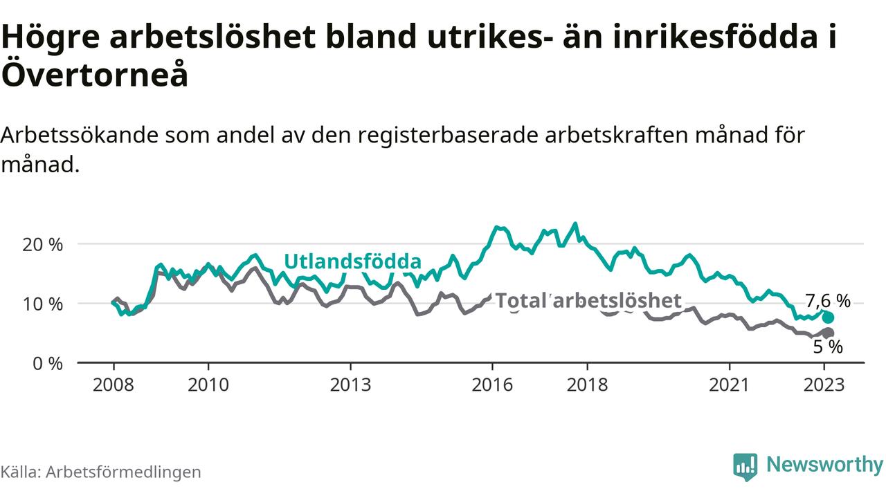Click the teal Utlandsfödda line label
coord(353,262)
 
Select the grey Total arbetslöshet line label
coord(588,301)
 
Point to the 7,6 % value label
coord(828,301)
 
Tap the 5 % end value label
coord(826,347)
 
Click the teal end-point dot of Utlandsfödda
coord(828,317)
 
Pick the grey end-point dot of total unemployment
coord(828,333)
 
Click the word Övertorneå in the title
coord(95,75)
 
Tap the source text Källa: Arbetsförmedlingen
coord(101,472)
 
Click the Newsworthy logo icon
coord(745,467)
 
